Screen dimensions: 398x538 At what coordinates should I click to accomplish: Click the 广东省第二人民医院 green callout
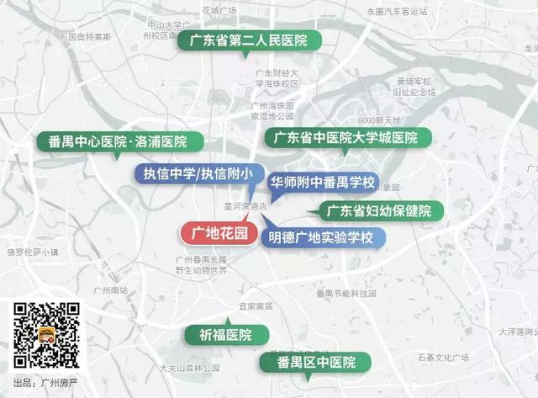click(x=245, y=40)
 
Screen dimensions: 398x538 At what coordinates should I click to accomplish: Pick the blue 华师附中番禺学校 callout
click(x=321, y=182)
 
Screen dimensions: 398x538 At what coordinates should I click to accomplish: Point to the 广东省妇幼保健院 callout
click(x=378, y=210)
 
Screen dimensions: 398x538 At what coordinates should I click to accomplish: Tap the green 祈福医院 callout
click(x=226, y=334)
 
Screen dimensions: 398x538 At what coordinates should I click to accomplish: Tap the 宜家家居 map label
click(x=256, y=306)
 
